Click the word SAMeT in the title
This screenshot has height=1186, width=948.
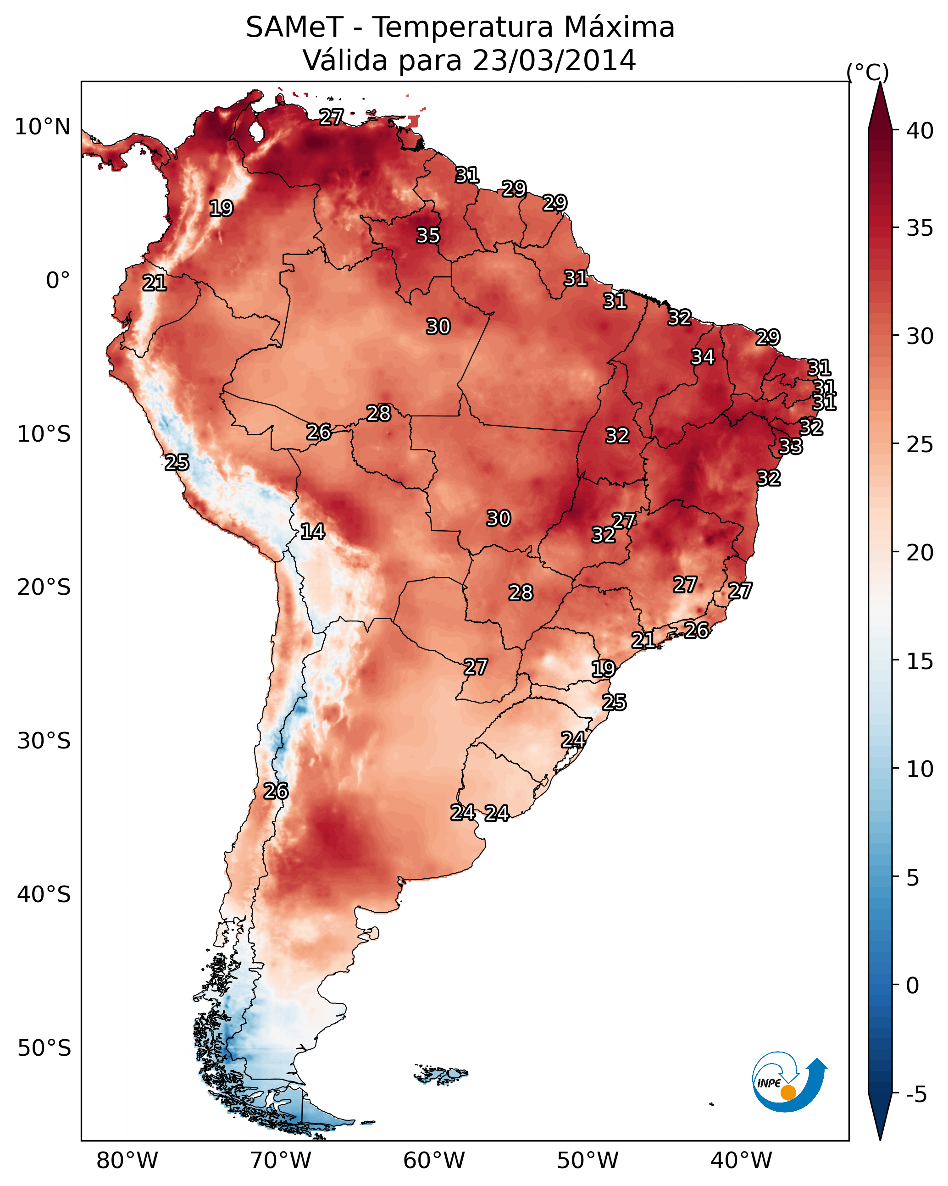coord(294,28)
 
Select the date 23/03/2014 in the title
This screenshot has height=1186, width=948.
coord(554,61)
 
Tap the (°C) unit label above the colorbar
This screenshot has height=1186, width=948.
coord(868,72)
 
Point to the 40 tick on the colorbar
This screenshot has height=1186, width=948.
coord(920,131)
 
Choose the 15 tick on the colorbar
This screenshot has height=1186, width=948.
coord(920,661)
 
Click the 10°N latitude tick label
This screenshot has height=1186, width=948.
coord(42,127)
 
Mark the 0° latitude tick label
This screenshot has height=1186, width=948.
coord(58,281)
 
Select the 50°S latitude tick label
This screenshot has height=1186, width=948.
coord(44,1048)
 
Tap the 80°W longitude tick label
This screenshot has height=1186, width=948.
coord(127,1160)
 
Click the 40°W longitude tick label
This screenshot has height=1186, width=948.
coord(741,1160)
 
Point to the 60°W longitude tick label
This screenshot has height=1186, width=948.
coord(434,1160)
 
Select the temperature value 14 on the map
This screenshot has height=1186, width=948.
coord(312,532)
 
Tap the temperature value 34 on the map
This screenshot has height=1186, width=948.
coord(703,357)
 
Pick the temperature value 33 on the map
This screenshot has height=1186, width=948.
coord(791,447)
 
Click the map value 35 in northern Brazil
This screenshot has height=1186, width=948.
coord(428,235)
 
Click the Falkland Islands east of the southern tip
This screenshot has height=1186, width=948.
coord(441,1074)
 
